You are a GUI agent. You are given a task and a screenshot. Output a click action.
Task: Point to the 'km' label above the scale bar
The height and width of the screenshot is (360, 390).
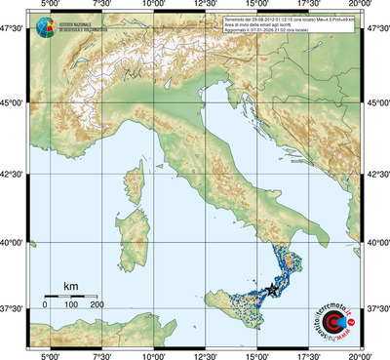click(x=70, y=286)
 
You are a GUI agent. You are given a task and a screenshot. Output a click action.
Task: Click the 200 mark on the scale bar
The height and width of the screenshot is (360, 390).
click(x=97, y=305)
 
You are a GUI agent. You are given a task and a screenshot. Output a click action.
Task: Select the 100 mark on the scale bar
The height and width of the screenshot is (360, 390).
click(x=71, y=305)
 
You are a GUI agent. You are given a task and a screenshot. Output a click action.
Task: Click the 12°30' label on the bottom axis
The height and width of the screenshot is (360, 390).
click(x=206, y=354)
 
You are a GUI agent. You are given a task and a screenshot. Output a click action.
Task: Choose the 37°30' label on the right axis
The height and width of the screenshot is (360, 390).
click(x=376, y=309)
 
